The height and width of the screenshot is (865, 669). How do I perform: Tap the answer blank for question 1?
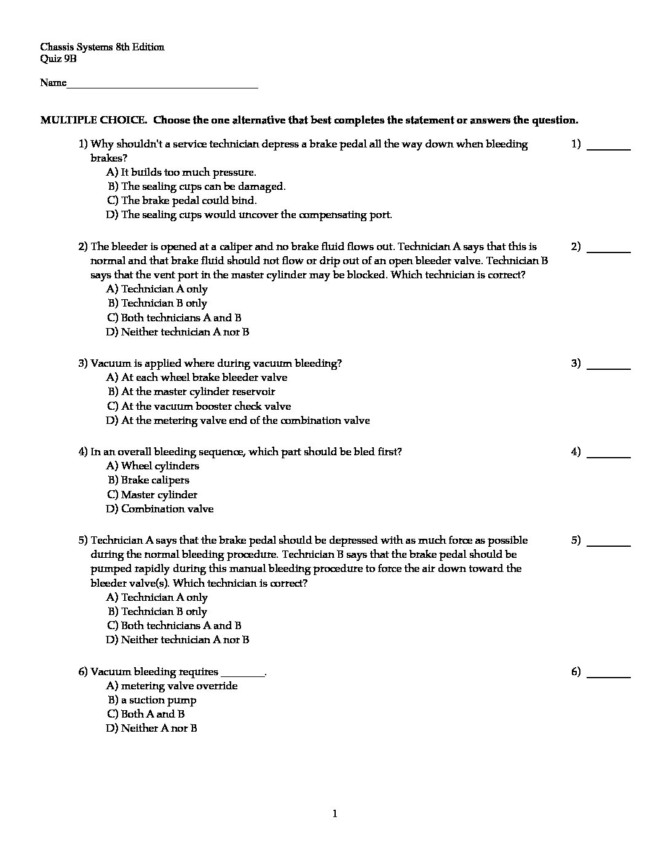click(x=609, y=149)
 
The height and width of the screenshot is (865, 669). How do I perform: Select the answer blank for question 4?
click(x=609, y=456)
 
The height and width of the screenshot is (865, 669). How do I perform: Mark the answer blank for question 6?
click(x=609, y=676)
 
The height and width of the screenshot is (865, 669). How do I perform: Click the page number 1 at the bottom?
click(x=334, y=814)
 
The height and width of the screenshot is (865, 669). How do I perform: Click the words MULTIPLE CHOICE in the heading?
click(x=93, y=120)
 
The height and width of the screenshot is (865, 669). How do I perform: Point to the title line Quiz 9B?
click(x=58, y=59)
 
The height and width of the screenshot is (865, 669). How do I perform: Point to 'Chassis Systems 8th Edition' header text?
click(x=102, y=47)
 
